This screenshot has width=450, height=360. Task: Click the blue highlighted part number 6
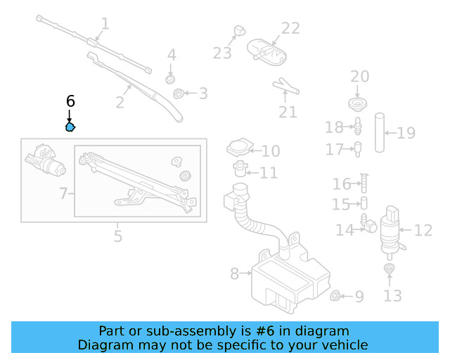click(x=70, y=127)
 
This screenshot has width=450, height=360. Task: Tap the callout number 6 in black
click(x=70, y=101)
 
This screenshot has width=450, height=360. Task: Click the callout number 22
click(x=290, y=29)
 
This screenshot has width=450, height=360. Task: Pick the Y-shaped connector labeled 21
click(x=286, y=86)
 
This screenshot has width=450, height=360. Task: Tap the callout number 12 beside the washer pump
click(x=423, y=230)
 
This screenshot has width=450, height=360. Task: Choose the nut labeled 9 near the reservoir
click(x=337, y=296)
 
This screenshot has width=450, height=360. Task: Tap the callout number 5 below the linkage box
click(x=118, y=236)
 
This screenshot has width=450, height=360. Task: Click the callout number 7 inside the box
click(x=63, y=193)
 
